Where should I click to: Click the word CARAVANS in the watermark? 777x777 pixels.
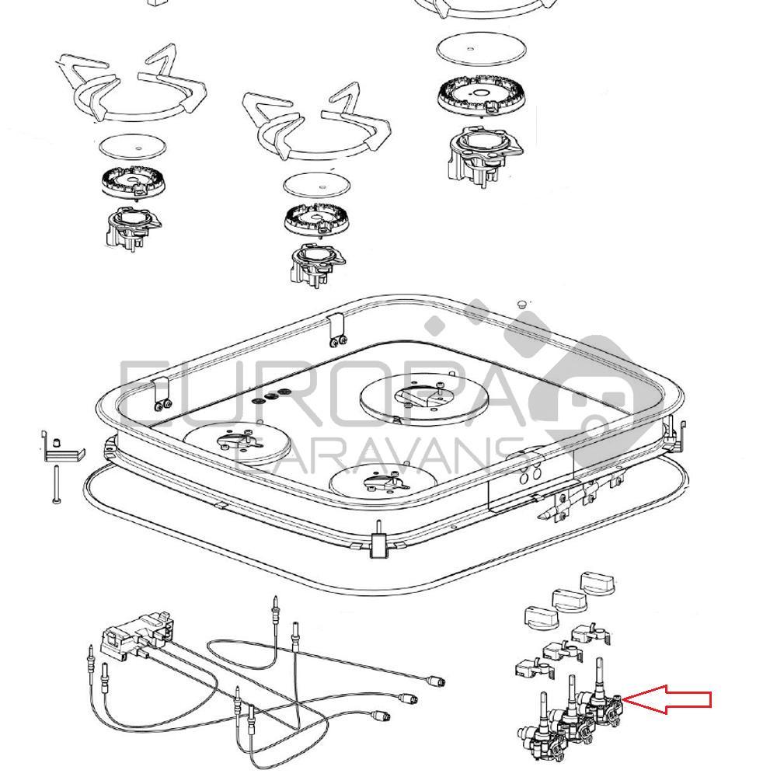(381, 458)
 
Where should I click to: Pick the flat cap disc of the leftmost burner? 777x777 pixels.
(133, 147)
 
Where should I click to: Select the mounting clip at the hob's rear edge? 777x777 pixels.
(336, 329)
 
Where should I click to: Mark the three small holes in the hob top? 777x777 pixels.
(271, 395)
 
